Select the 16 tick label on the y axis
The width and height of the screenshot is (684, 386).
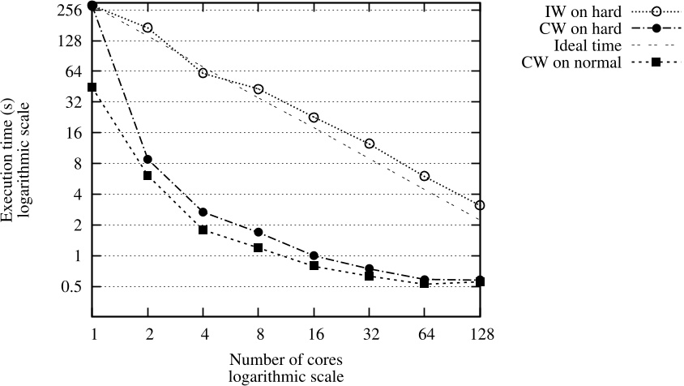tap(79, 132)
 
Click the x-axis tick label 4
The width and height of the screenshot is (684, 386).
tap(203, 333)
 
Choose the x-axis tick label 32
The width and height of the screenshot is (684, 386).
tap(369, 333)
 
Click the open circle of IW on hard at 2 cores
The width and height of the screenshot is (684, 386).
tap(147, 28)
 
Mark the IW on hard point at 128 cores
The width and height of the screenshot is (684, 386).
tap(480, 205)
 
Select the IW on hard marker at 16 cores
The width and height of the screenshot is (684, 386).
tap(314, 118)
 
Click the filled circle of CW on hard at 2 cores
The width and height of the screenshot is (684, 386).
tap(147, 159)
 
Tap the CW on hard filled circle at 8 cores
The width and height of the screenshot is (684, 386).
tap(259, 232)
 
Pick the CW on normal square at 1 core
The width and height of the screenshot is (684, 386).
tap(92, 87)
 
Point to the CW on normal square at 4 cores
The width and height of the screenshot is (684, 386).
tap(203, 229)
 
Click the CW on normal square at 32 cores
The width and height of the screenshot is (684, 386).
tap(369, 276)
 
